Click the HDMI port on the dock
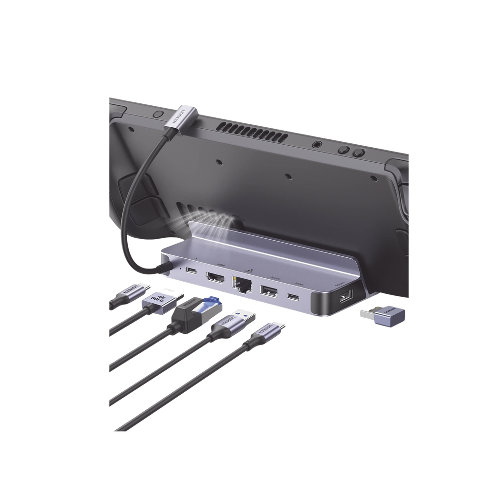(x=215, y=279)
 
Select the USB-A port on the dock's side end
(x=345, y=296)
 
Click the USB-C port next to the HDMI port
(x=192, y=272)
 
